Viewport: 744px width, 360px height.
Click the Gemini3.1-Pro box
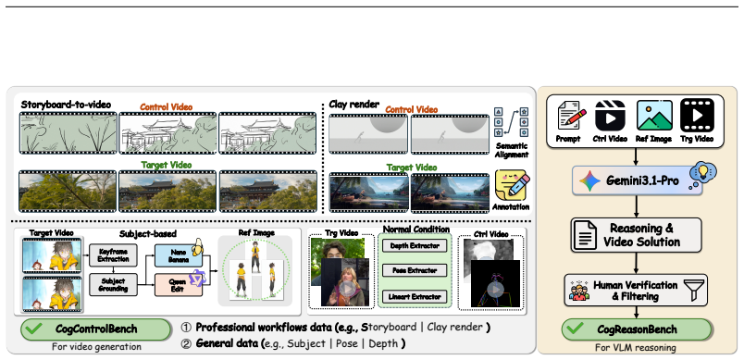(x=637, y=180)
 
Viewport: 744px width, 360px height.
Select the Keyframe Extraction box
(x=113, y=255)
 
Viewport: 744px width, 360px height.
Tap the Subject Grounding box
(x=113, y=285)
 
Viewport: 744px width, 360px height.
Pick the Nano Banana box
(x=179, y=256)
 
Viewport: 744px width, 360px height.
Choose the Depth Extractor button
(x=415, y=245)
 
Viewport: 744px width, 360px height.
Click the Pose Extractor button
(x=415, y=271)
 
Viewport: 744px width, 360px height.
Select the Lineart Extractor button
(x=415, y=297)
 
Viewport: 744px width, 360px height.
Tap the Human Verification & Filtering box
(x=636, y=290)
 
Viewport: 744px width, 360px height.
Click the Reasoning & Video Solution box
(x=636, y=235)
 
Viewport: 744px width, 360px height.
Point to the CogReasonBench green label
(x=637, y=329)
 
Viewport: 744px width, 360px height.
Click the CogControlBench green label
(x=95, y=329)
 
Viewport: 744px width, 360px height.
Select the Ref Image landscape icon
(x=654, y=116)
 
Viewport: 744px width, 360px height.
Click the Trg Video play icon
(x=697, y=116)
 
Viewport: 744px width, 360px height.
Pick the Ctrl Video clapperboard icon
(x=610, y=116)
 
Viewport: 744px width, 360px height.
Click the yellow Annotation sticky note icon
(x=512, y=186)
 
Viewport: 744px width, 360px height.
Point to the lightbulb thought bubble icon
(x=702, y=174)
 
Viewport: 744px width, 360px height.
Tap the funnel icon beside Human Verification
(x=693, y=290)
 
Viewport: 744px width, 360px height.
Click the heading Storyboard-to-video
(x=66, y=105)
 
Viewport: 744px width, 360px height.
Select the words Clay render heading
(x=354, y=105)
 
